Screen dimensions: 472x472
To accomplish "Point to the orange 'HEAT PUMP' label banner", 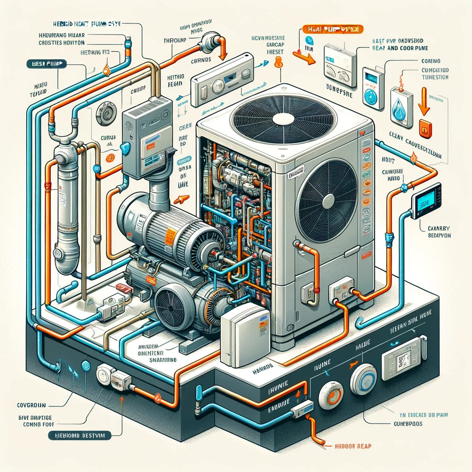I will point(333,29).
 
